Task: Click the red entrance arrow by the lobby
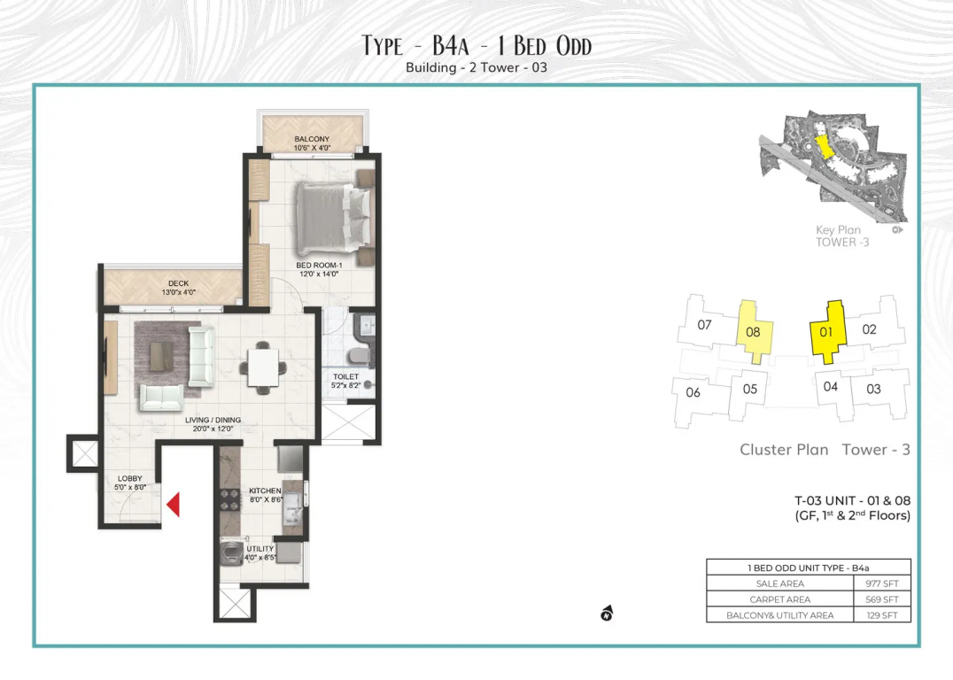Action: (174, 505)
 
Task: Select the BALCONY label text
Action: (312, 139)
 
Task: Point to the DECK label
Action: (179, 283)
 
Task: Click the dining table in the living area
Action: (263, 367)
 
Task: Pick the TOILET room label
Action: (345, 377)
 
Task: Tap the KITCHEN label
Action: (265, 491)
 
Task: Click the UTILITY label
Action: (260, 549)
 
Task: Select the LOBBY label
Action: (130, 479)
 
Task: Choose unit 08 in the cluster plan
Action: (754, 332)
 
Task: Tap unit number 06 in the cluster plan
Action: (693, 392)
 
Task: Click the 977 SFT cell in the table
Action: (882, 583)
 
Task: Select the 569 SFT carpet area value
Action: (882, 599)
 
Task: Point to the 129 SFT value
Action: (882, 615)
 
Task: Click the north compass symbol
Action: (607, 614)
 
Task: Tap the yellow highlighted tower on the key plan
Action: (823, 146)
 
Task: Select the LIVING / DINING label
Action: (213, 420)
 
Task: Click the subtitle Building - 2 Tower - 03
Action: (476, 67)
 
